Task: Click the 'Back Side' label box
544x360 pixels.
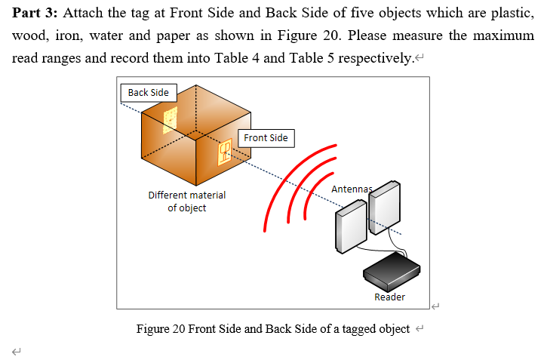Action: pos(148,93)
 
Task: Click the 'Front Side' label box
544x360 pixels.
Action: pos(266,138)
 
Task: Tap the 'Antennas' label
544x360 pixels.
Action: pos(352,188)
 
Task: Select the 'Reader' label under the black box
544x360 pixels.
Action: pos(389,297)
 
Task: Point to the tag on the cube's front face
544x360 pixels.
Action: pos(224,152)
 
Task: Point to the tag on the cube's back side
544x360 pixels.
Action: pos(171,118)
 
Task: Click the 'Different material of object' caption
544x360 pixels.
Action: pos(186,202)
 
